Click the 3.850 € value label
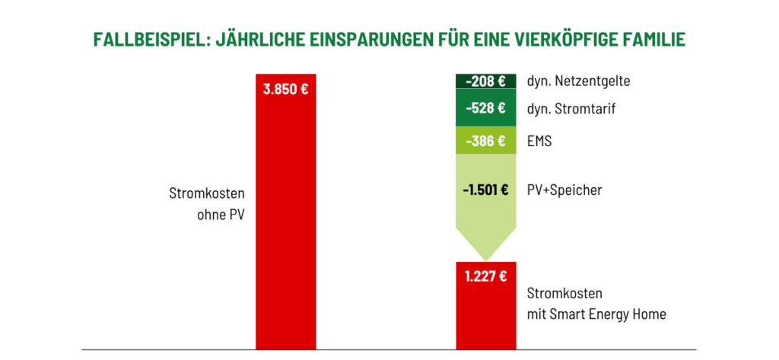(x=285, y=89)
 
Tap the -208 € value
(x=485, y=81)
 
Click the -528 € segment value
(x=485, y=109)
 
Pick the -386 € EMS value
(x=485, y=141)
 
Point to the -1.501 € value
(x=485, y=190)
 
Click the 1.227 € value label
(x=485, y=276)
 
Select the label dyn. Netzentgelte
(x=578, y=81)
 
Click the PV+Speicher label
(x=564, y=190)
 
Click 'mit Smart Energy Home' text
(x=596, y=314)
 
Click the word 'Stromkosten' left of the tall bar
(x=207, y=194)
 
